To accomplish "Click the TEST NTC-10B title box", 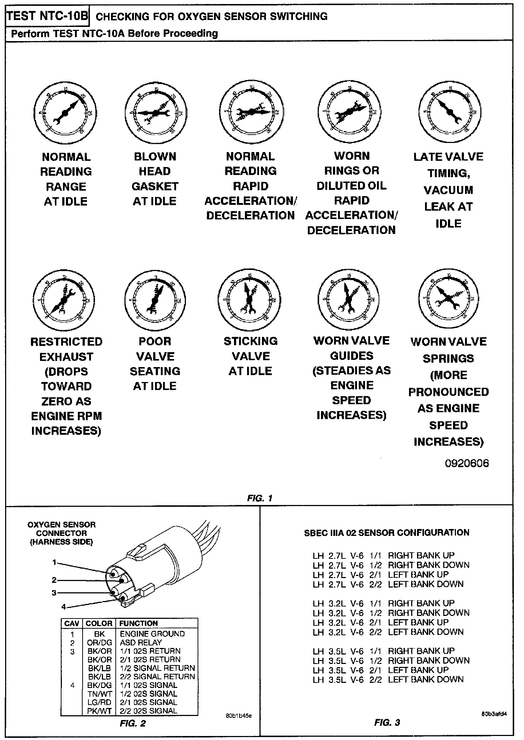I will pos(48,16).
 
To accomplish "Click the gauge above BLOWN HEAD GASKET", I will pos(155,113).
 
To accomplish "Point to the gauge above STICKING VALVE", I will pos(250,299).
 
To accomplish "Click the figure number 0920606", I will pos(467,463).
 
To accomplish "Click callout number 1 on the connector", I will pos(54,562).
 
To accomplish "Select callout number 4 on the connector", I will pos(64,606).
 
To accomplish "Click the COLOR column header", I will pos(99,623).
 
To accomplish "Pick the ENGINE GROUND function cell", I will pos(152,634).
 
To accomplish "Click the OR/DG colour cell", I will pos(99,642).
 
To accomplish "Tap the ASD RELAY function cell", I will pos(140,642).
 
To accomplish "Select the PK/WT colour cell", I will pos(99,711).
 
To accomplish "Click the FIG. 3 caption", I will pos(387,722).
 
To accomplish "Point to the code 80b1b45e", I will pos(238,716).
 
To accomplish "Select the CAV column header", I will pos(72,623).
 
